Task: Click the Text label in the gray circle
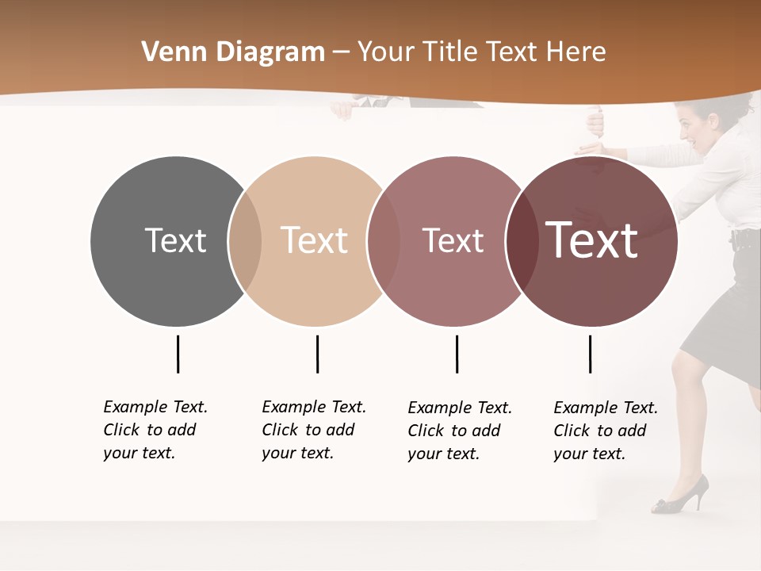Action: pyautogui.click(x=175, y=240)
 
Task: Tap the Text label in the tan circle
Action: pyautogui.click(x=314, y=240)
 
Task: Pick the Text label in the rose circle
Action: pyautogui.click(x=453, y=240)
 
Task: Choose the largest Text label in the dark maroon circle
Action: pyautogui.click(x=591, y=240)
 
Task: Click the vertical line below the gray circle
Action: pyautogui.click(x=178, y=354)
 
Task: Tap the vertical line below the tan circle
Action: pyautogui.click(x=317, y=354)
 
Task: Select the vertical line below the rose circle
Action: pyautogui.click(x=457, y=354)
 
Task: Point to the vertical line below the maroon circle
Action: pyautogui.click(x=590, y=354)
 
